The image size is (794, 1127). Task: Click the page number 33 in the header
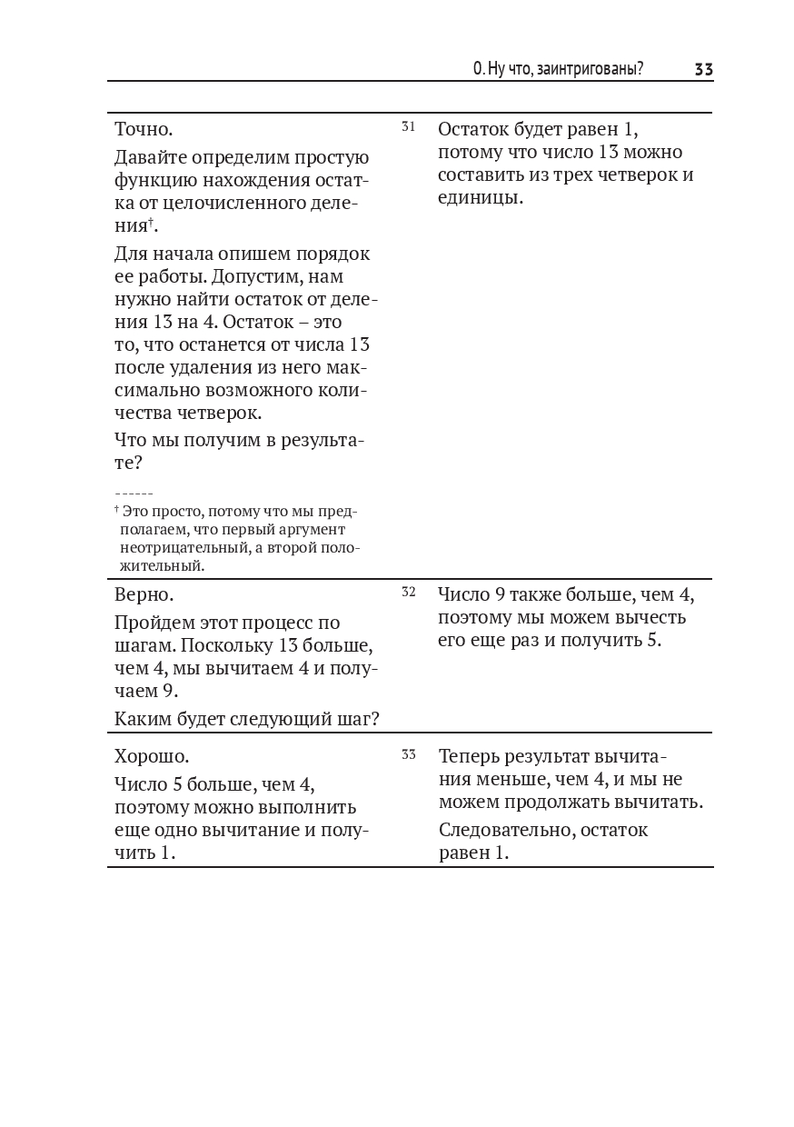pos(703,69)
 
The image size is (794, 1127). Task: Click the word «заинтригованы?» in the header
pos(590,69)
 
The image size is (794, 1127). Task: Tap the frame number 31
pos(408,126)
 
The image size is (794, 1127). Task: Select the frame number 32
pos(408,592)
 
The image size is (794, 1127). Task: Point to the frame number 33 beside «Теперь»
pos(408,754)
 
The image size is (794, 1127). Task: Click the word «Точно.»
pos(144,129)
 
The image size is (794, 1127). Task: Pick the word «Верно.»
pos(144,594)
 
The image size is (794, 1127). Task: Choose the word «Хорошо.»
pos(152,756)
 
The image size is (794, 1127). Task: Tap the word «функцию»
pos(152,179)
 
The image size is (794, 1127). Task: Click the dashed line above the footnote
pos(134,494)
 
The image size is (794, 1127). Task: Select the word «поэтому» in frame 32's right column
pos(475,617)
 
